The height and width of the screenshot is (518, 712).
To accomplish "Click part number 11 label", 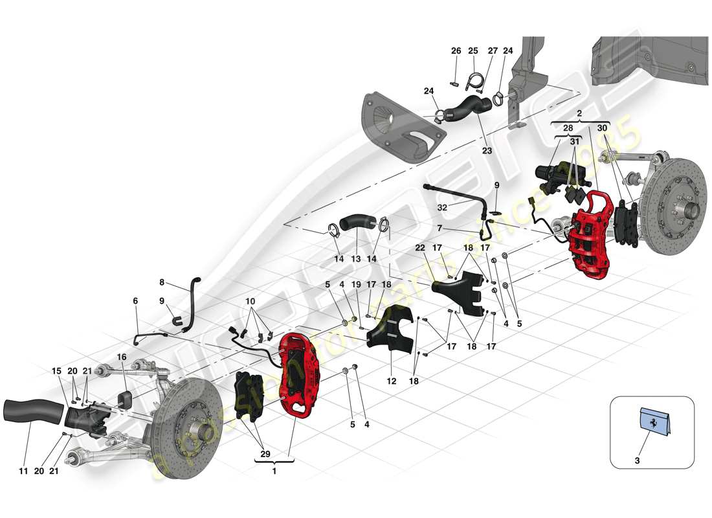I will click(x=23, y=471).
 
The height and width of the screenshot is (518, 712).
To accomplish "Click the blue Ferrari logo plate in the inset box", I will click(x=652, y=422).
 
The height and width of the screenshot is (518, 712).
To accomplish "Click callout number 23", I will click(x=486, y=150).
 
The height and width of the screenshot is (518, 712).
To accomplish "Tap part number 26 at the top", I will click(x=456, y=51).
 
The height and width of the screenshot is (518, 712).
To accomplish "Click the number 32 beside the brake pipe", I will click(x=442, y=208).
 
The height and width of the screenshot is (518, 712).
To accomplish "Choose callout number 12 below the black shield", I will click(x=391, y=381).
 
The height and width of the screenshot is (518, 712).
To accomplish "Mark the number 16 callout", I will click(x=121, y=357).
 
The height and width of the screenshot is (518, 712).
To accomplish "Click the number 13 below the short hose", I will click(x=355, y=258).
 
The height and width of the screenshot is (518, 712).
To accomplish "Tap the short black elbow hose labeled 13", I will click(x=355, y=223).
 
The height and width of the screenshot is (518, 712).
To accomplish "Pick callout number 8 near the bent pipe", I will click(x=162, y=282).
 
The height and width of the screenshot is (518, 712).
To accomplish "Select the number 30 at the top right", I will click(x=602, y=128).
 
